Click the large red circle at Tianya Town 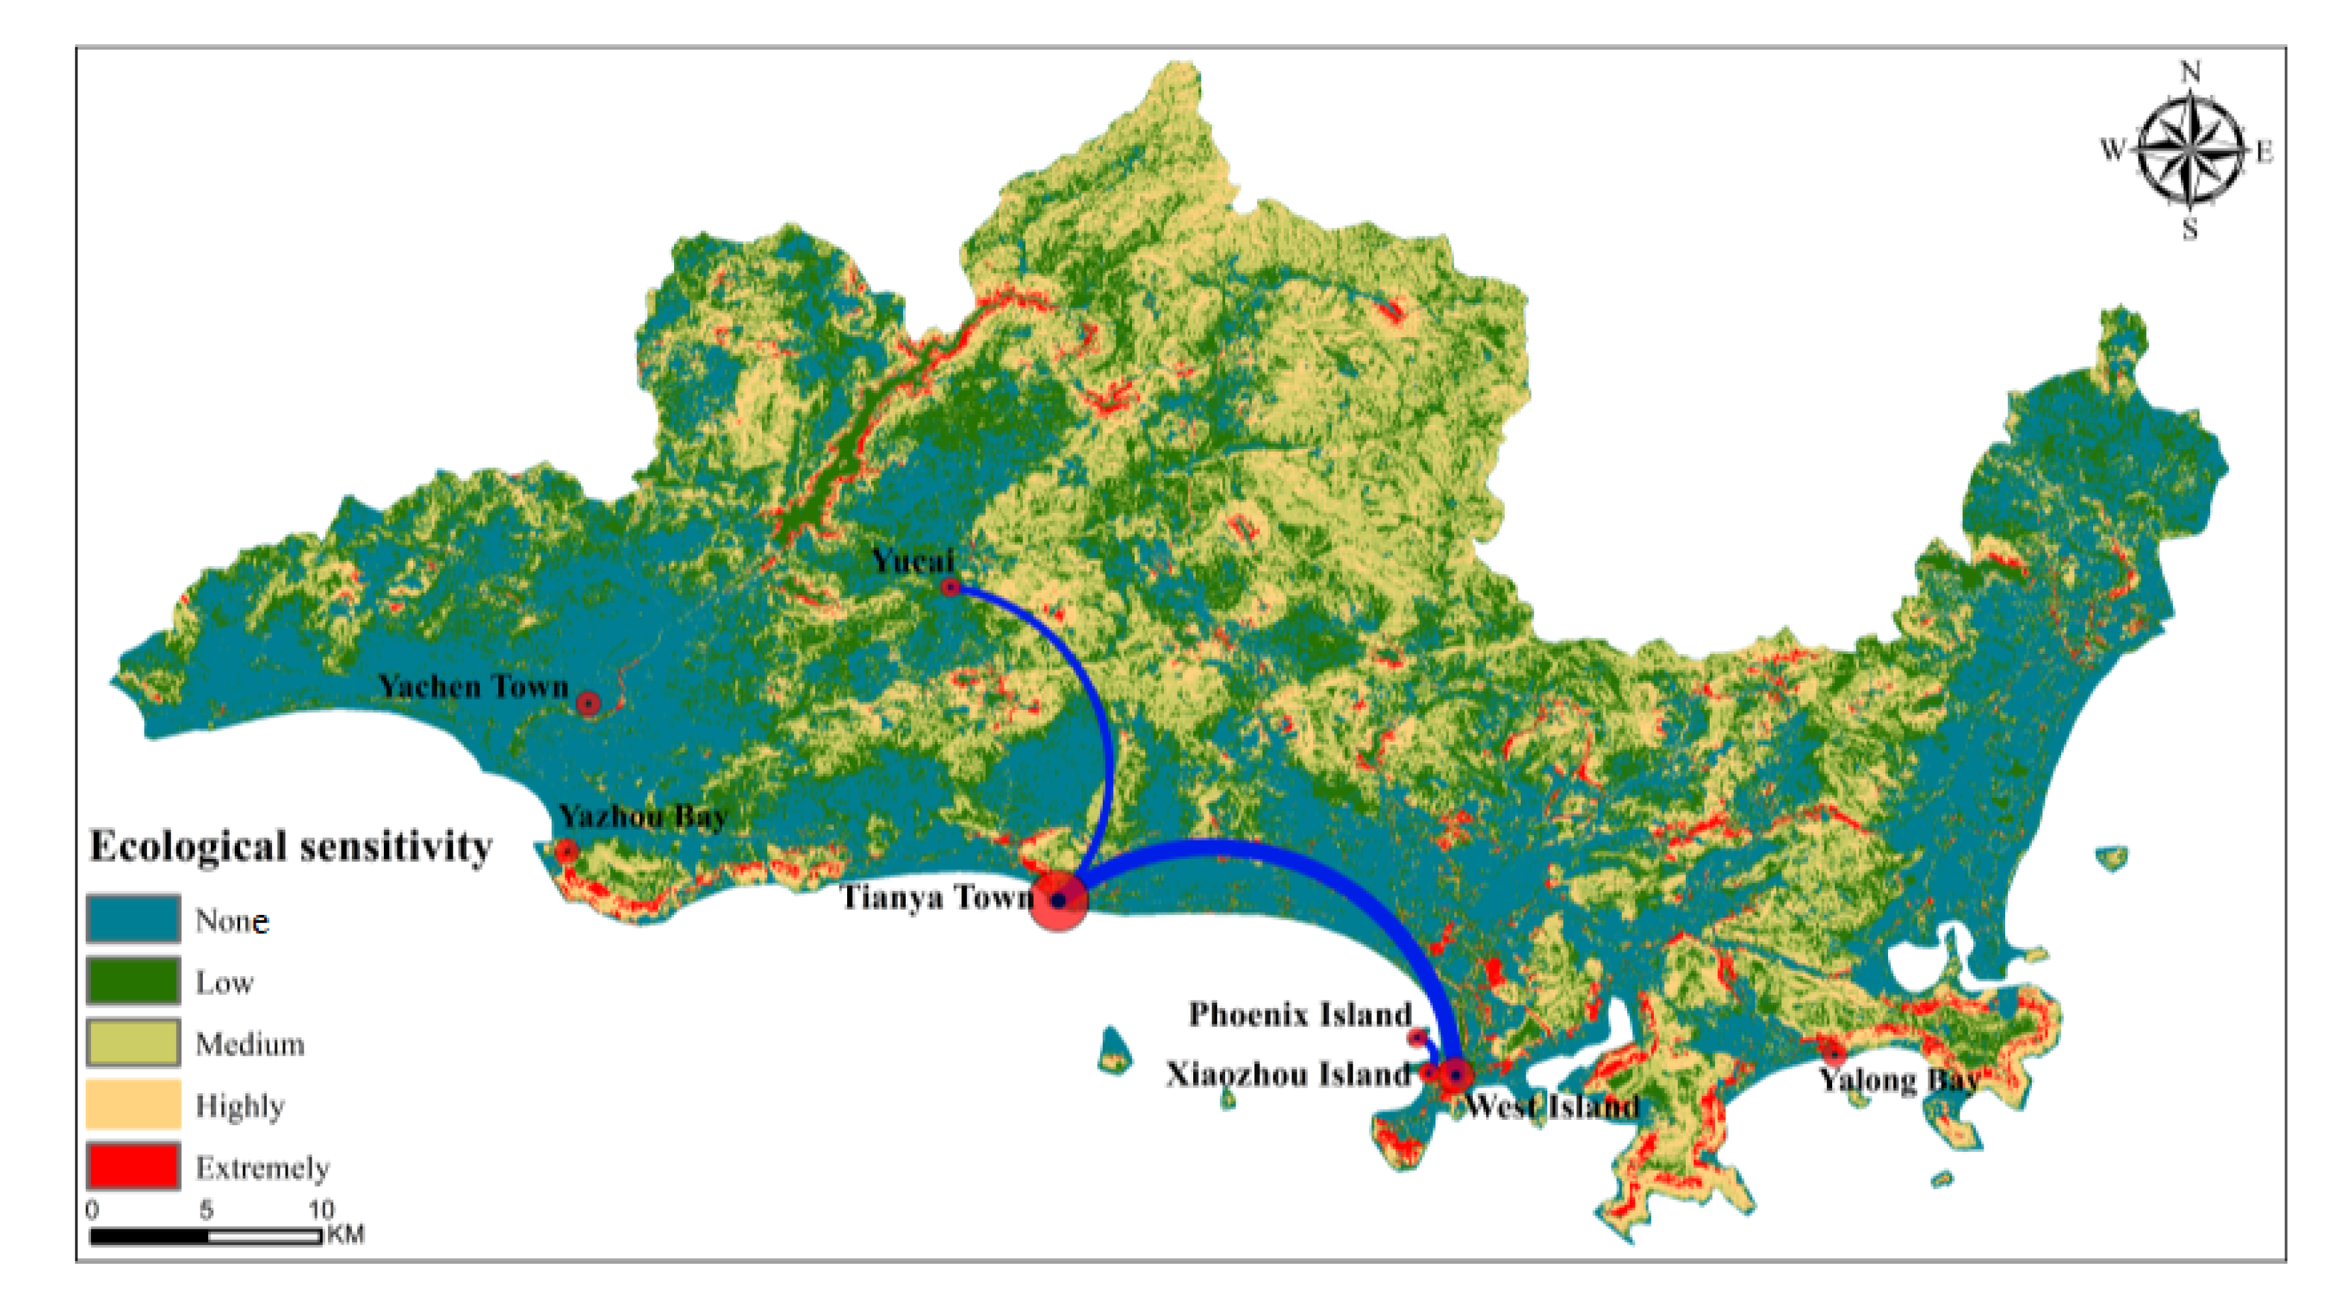point(1058,900)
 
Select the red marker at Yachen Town point(588,703)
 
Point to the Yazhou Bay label point(642,817)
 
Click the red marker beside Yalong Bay point(1834,1054)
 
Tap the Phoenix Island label point(1300,1014)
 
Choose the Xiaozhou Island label point(1288,1074)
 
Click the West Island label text point(1551,1106)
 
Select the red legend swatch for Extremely point(133,1166)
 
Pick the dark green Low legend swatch point(133,981)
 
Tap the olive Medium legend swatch point(133,1043)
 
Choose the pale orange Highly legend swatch point(133,1104)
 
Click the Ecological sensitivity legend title point(290,847)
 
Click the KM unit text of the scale point(345,1234)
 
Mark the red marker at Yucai point(950,587)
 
